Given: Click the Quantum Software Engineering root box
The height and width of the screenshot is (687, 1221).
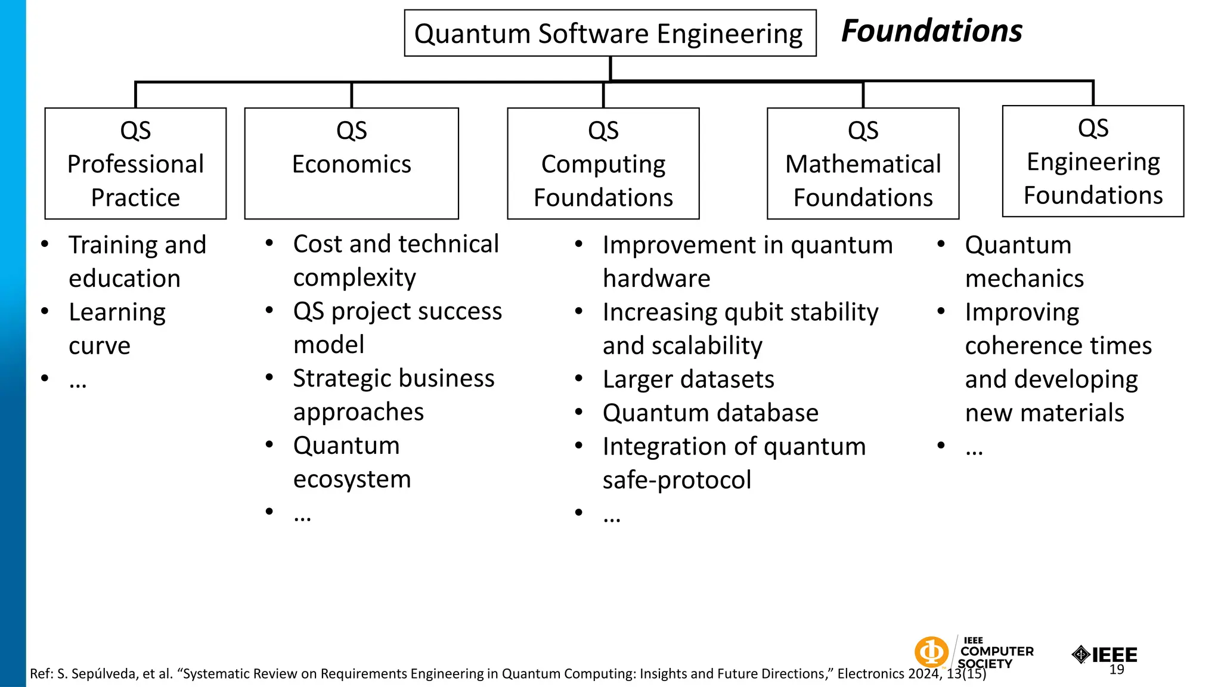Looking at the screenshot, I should (609, 33).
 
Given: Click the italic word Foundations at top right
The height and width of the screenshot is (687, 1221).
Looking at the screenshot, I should (931, 31).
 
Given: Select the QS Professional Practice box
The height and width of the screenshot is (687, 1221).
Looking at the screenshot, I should (135, 163).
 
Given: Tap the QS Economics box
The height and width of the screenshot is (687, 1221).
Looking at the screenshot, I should (351, 163).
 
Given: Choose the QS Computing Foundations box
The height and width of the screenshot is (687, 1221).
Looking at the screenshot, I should (603, 163).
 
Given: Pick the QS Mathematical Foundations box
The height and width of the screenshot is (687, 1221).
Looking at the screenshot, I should (863, 163).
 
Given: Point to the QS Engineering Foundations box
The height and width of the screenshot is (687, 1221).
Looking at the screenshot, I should (1093, 161).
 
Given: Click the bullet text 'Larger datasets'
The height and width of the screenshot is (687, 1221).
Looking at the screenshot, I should (688, 379).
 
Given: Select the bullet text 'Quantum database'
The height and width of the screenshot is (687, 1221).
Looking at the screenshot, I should (710, 413).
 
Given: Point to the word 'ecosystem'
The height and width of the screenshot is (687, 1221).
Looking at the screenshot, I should (352, 479).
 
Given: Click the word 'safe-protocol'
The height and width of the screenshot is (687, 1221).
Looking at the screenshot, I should (677, 480).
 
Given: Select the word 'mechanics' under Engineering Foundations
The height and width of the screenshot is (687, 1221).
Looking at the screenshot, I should (1024, 278).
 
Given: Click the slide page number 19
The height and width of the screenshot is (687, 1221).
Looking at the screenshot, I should (1117, 670).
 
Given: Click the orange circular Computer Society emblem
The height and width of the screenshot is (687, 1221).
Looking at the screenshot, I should (931, 652).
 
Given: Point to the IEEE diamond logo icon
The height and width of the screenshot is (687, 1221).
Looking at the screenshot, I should (1081, 655).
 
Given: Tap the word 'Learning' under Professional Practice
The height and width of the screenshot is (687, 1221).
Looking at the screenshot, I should (117, 312).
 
